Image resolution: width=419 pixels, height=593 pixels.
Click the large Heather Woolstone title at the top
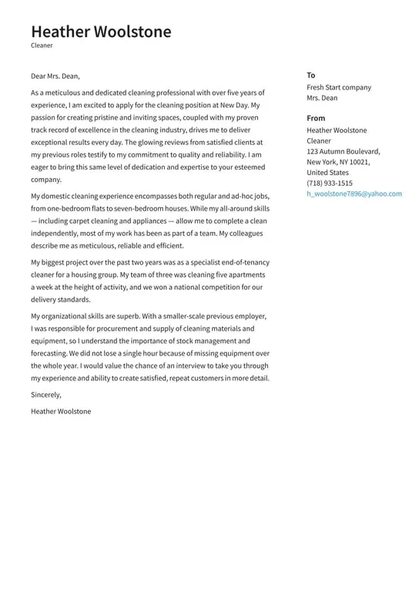[101, 32]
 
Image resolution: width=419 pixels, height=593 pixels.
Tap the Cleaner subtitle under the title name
[42, 45]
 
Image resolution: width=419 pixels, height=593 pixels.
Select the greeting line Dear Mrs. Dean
[55, 76]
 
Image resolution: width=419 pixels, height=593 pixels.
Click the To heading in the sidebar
[311, 75]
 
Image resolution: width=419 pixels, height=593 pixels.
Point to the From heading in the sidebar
[316, 118]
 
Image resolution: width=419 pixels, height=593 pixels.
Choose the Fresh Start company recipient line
[338, 87]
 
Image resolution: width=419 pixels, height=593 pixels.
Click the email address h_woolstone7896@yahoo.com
[354, 194]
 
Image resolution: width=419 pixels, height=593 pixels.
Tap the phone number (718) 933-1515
[330, 184]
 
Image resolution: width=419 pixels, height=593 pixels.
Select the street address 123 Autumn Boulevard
[343, 151]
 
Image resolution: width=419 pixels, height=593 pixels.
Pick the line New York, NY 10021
[338, 162]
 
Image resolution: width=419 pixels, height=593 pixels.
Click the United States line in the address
[327, 173]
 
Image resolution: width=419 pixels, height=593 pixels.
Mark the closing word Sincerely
[46, 395]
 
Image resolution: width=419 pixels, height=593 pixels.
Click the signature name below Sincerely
[61, 411]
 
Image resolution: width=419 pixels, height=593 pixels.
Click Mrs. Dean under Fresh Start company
[322, 98]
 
